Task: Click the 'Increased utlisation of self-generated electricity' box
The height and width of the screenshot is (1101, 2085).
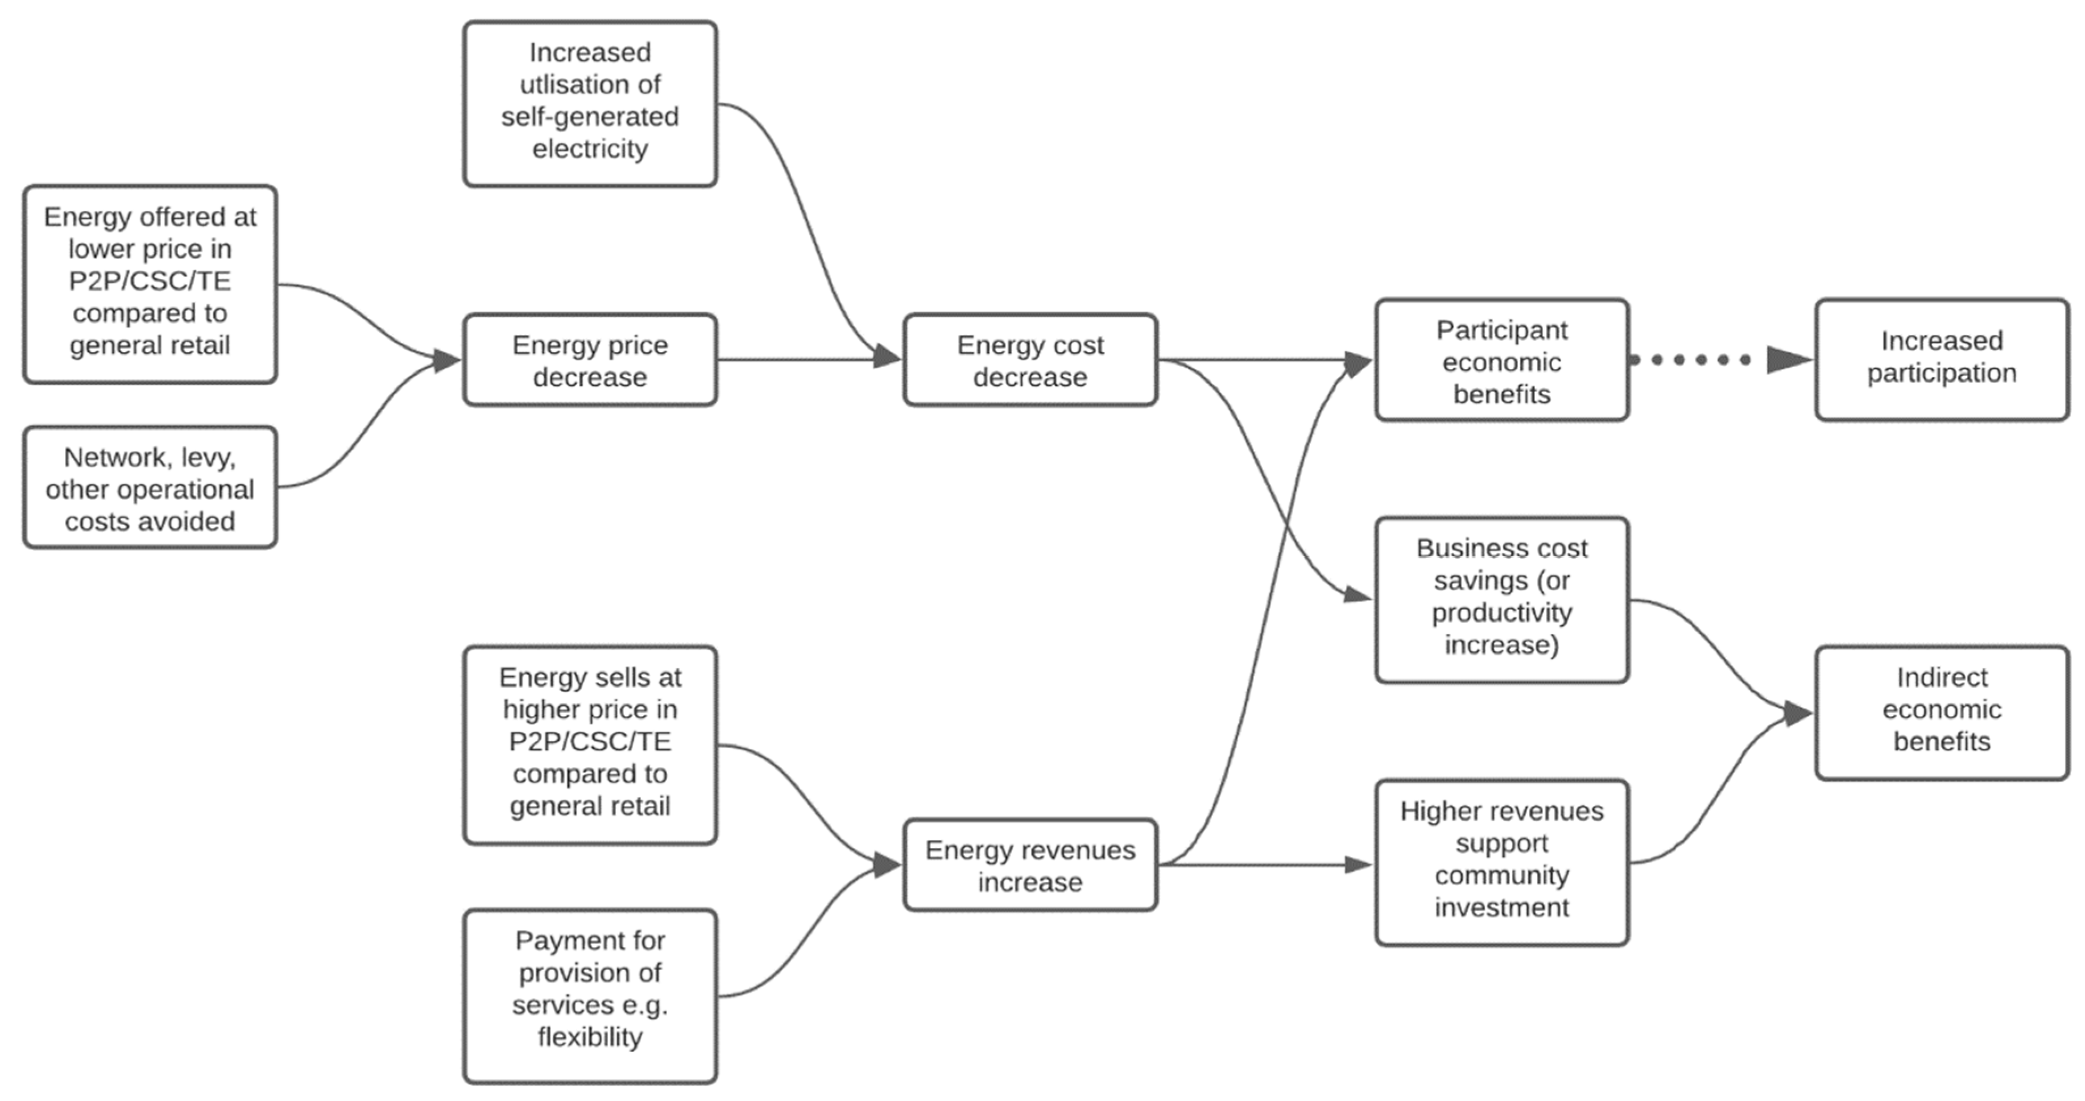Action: [x=590, y=104]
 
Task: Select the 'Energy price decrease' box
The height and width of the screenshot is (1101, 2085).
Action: [x=590, y=360]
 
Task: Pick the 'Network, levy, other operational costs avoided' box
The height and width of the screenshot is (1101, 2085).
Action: [x=150, y=488]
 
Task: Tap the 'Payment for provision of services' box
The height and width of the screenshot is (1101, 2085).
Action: [x=590, y=995]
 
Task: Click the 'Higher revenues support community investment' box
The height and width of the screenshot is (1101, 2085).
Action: [x=1501, y=862]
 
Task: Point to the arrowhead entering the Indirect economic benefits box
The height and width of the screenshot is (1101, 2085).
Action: [x=1798, y=713]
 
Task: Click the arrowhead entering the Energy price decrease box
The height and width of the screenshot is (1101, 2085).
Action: [x=446, y=360]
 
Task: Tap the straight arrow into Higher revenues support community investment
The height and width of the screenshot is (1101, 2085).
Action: [x=1263, y=864]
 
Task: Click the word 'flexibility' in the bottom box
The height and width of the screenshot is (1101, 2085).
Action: [x=590, y=1037]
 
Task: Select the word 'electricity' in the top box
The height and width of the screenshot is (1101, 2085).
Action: [x=590, y=149]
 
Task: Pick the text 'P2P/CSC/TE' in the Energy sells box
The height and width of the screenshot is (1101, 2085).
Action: [x=590, y=742]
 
